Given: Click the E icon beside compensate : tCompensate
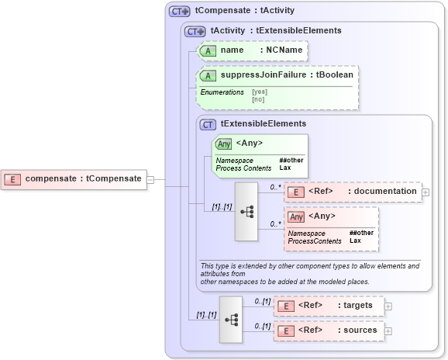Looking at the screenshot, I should (x=12, y=179).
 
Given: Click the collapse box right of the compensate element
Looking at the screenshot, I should (x=150, y=179).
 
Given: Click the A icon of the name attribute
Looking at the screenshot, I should (x=208, y=50).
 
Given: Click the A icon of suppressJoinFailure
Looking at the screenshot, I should (x=208, y=75).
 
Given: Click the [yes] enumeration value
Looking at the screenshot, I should (x=260, y=92).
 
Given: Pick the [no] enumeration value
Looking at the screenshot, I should (x=258, y=99).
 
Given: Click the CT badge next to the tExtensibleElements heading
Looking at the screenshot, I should (x=208, y=123).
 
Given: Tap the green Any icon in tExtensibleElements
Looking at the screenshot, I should (x=224, y=144).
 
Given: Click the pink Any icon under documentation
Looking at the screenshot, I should (x=296, y=216).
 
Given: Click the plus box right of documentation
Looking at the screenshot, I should (x=426, y=192).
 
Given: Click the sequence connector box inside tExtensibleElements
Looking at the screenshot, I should (x=247, y=212).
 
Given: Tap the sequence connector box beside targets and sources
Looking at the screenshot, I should (x=231, y=319).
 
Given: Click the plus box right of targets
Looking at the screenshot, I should (x=388, y=306).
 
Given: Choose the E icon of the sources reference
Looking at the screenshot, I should (x=286, y=331).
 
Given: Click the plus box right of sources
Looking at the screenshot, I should (x=388, y=331).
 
